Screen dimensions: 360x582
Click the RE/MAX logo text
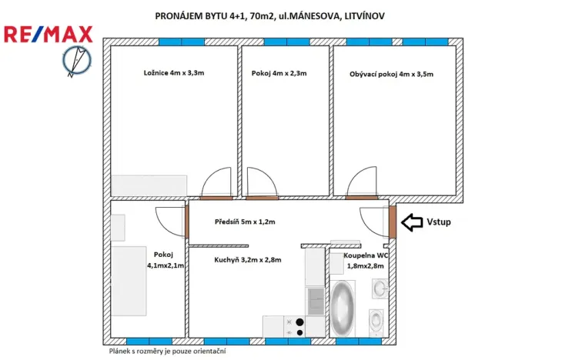[x=48, y=34]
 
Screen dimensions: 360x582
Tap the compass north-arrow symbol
[x=76, y=62]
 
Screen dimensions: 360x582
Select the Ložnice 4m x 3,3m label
[x=173, y=73]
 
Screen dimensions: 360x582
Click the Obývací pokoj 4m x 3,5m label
[x=391, y=74]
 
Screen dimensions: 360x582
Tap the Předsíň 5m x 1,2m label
[x=244, y=222]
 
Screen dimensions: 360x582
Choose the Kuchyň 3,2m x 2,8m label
[x=247, y=260]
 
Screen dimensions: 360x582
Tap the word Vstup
[x=438, y=222]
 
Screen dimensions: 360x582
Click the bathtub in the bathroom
[x=342, y=309]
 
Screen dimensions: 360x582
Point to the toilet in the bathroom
[x=376, y=319]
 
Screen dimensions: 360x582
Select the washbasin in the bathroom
[x=378, y=288]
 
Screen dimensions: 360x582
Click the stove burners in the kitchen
[x=296, y=327]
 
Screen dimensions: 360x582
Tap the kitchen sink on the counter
[x=316, y=298]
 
